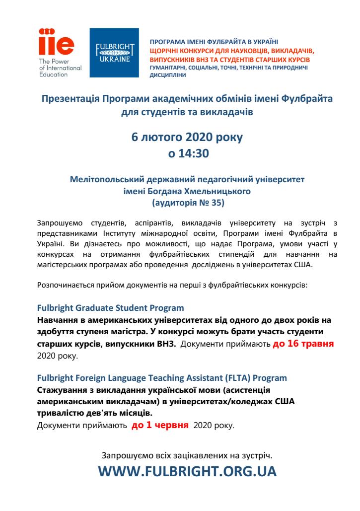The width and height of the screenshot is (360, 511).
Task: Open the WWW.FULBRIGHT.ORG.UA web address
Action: click(x=187, y=470)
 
